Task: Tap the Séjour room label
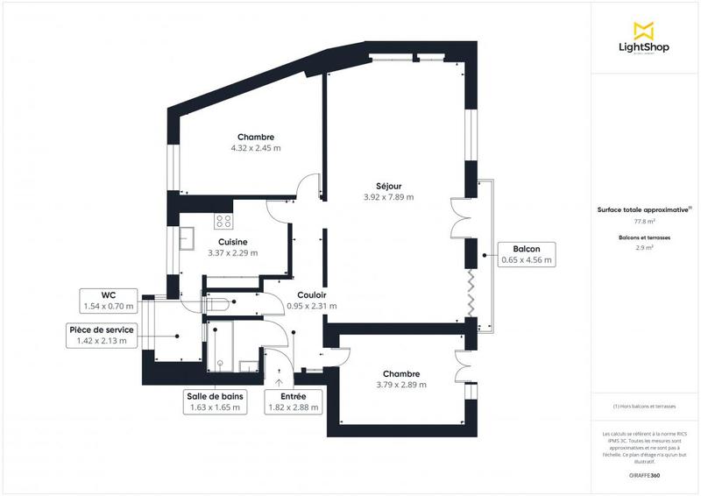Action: (388, 186)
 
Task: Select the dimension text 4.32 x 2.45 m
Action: (256, 148)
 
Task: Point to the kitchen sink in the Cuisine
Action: (188, 237)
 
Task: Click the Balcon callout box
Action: (527, 254)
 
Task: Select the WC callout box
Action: (110, 301)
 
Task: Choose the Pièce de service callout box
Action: (102, 335)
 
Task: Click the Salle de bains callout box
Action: (216, 401)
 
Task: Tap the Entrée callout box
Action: (293, 401)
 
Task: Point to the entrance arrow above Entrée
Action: (280, 380)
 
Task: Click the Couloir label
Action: (312, 295)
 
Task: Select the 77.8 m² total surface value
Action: (645, 222)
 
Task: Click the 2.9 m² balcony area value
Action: (645, 249)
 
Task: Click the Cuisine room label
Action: (232, 242)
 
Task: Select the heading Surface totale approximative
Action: (644, 209)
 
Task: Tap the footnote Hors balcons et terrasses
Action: (645, 406)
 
